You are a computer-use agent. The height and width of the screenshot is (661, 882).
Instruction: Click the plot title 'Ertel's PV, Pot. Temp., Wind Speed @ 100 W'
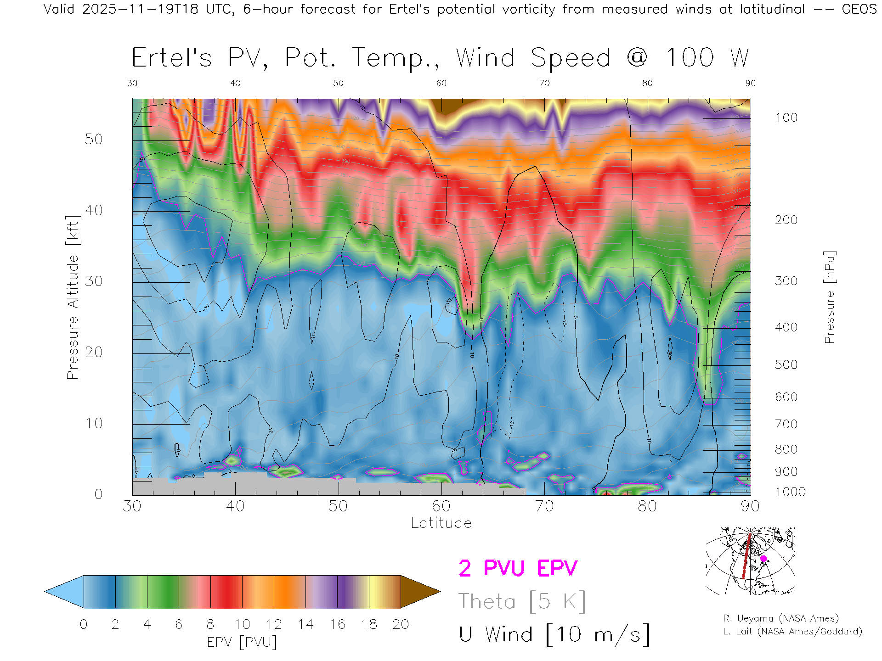pos(440,58)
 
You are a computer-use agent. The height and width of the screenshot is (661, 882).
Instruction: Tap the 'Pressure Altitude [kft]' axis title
pos(73,297)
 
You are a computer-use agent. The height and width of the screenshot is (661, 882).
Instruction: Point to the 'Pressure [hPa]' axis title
pos(829,297)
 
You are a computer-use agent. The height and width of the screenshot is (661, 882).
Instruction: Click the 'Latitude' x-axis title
pos(441,523)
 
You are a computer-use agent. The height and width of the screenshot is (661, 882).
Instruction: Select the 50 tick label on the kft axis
pos(94,139)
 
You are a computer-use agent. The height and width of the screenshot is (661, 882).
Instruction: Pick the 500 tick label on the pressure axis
pos(786,364)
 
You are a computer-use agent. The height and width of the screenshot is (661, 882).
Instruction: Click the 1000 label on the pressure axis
pos(790,492)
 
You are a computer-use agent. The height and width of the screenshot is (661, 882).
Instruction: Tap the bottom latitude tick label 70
pos(544,506)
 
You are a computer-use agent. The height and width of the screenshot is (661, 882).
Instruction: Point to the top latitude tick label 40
pos(235,83)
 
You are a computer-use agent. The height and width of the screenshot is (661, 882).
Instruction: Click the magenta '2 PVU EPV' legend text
pos(518,568)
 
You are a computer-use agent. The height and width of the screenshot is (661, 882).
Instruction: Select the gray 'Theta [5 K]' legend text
pos(522,601)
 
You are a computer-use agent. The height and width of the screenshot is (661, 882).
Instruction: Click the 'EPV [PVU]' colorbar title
pos(242,642)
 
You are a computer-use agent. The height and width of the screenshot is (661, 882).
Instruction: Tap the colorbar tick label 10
pos(242,624)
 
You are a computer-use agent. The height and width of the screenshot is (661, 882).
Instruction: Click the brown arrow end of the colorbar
pos(419,592)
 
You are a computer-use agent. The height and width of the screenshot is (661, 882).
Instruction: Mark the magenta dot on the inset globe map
pos(763,559)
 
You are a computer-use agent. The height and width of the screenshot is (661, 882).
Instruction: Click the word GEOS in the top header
pos(859,9)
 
